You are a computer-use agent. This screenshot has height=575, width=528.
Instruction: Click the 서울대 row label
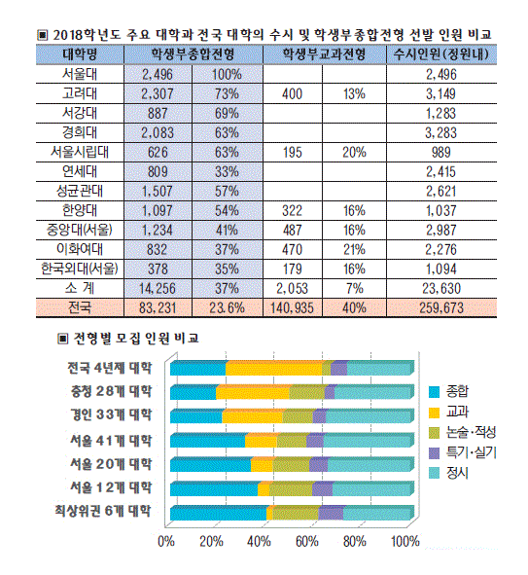point(80,74)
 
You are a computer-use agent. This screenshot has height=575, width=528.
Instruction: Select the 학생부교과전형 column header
point(324,54)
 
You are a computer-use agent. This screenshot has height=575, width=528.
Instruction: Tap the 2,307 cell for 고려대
point(158,93)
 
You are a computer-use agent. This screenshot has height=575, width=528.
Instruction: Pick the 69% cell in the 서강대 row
point(227,113)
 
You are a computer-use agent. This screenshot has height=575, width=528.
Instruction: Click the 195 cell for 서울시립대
point(292,152)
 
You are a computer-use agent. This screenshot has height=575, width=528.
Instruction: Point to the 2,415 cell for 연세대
point(441,171)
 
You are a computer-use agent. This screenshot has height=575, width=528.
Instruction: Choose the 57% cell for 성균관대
point(227,191)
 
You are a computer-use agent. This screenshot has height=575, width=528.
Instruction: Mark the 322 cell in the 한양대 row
point(292,210)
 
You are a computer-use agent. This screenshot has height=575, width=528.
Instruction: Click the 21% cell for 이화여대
point(354,249)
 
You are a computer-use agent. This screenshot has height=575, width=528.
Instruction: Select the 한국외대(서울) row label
point(80,269)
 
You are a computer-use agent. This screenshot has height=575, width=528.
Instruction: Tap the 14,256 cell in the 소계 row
point(158,289)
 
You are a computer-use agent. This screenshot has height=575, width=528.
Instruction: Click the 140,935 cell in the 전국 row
point(292,308)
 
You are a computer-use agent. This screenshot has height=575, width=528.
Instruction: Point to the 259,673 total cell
point(441,308)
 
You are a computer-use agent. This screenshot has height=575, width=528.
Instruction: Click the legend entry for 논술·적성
point(463,432)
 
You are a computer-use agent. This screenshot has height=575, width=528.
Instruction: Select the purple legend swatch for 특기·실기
point(434,453)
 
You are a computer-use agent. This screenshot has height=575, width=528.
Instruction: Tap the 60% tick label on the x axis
point(306,541)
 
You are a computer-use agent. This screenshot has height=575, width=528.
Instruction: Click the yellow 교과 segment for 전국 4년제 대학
point(273,368)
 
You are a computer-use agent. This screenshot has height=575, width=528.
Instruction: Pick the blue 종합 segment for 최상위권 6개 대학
point(218,513)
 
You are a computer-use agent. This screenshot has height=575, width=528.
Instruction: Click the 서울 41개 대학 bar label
point(111,440)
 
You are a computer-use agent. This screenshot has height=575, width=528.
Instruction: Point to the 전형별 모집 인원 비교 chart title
point(136,339)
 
